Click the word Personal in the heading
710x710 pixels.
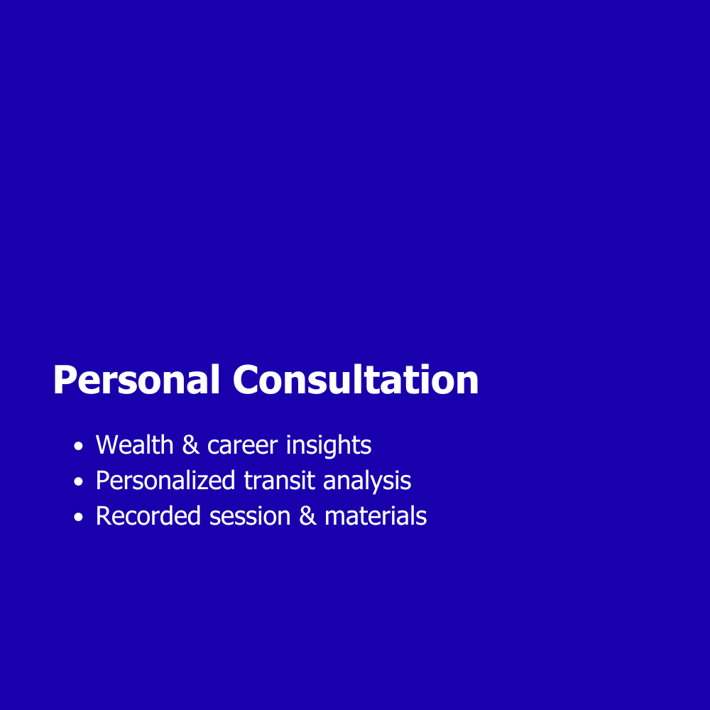coord(136,379)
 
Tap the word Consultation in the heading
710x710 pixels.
coord(356,379)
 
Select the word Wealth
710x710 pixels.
coord(134,444)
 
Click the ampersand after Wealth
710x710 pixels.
coord(190,444)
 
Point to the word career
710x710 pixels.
coord(242,446)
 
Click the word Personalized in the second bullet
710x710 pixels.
coord(165,481)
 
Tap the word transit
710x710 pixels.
coord(279,481)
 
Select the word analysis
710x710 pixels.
coord(367,481)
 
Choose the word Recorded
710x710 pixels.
coord(148,515)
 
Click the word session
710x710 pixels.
coord(250,517)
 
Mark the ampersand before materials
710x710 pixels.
coord(307,515)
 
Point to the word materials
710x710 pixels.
coord(376,515)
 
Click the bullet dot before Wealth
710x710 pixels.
coord(78,446)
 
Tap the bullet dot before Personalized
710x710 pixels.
coord(78,481)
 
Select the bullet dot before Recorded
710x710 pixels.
coord(78,517)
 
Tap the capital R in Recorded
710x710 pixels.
coord(103,515)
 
